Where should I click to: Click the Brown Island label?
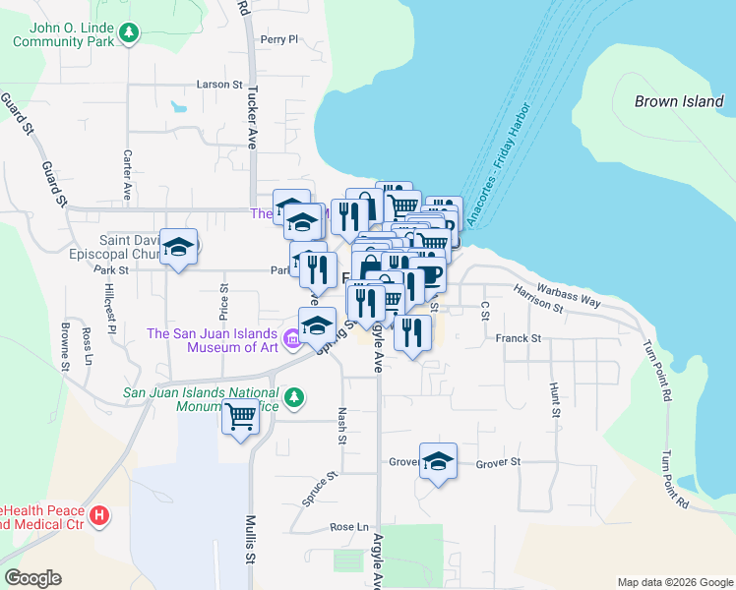680,101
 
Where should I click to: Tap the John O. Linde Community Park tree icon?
128,33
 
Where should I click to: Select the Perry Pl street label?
278,39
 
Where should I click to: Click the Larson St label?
219,85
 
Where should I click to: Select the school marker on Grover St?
438,460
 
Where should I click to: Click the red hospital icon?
99,515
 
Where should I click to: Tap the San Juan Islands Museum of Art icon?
292,340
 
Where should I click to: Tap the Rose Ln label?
348,527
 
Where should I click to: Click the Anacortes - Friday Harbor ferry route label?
501,164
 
